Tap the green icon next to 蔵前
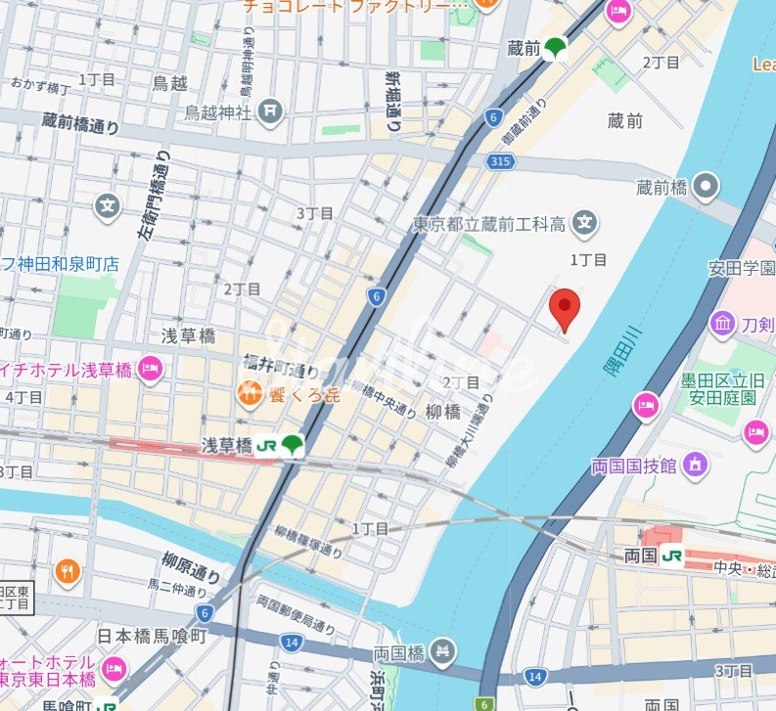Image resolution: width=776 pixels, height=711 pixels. [556, 47]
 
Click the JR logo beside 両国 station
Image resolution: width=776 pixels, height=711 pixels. [671, 556]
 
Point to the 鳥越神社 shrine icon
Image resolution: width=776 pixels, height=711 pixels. [271, 112]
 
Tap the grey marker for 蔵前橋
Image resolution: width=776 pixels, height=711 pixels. [706, 186]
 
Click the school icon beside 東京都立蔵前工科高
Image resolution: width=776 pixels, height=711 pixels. [585, 225]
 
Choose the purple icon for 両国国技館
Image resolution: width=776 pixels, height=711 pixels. [695, 465]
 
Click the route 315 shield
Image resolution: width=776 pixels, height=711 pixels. [500, 159]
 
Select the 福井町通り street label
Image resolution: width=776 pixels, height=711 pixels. [281, 371]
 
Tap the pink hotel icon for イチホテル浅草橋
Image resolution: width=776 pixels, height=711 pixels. [150, 369]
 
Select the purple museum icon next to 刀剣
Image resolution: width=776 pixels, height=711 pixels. [723, 322]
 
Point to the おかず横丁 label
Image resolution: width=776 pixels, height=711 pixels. [35, 88]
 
